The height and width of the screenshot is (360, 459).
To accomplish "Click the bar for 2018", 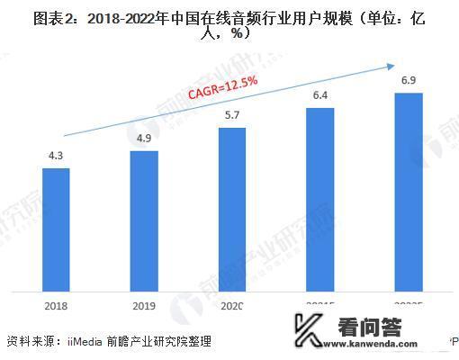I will tap(56, 229).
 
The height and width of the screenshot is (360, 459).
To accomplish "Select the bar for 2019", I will tap(144, 220).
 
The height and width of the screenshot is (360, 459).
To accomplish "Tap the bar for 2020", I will tap(232, 209).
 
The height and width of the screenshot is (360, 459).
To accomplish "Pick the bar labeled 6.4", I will tap(320, 199).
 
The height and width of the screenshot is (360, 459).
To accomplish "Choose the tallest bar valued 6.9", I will tap(409, 192).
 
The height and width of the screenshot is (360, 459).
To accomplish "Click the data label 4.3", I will tap(56, 157).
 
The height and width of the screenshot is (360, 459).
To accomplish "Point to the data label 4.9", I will tap(144, 139).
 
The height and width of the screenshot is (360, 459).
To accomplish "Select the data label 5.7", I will tap(232, 116).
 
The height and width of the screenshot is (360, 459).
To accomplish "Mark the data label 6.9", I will tap(409, 81).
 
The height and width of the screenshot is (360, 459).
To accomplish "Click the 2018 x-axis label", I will tap(56, 306).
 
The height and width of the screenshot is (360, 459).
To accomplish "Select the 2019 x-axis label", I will tap(144, 306).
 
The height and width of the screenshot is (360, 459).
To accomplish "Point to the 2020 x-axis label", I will tap(231, 306).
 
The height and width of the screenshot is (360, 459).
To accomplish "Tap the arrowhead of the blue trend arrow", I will tap(390, 65).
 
